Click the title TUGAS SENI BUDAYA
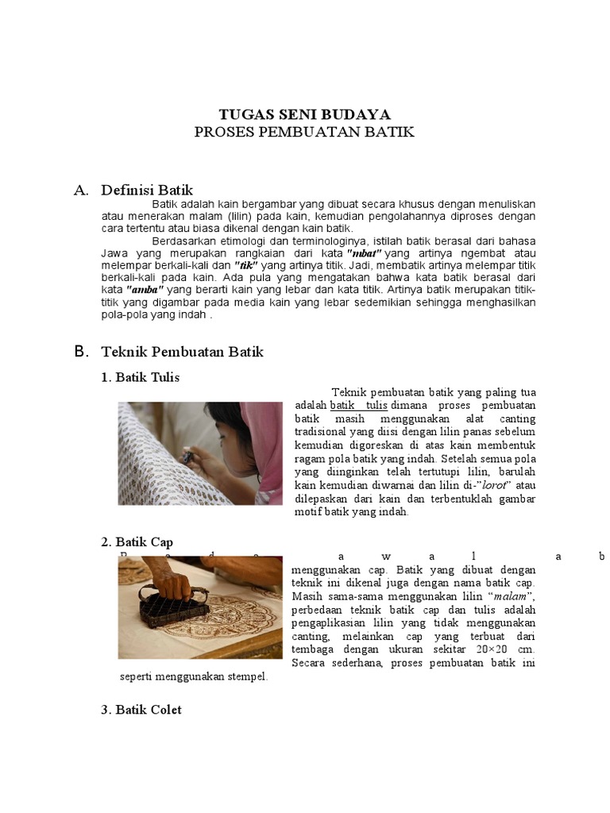click(x=304, y=114)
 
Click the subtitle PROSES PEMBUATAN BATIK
click(x=304, y=131)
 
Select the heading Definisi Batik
click(x=147, y=190)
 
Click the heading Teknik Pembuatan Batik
click(x=182, y=351)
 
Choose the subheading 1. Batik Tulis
click(x=141, y=377)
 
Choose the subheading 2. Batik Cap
click(x=137, y=542)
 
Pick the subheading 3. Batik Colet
click(x=141, y=709)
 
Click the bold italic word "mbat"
click(x=366, y=252)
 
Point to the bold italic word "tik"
click(x=247, y=264)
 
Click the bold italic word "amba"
click(x=145, y=290)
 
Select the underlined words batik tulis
click(x=358, y=405)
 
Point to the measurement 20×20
click(x=492, y=649)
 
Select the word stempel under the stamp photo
click(x=245, y=676)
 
